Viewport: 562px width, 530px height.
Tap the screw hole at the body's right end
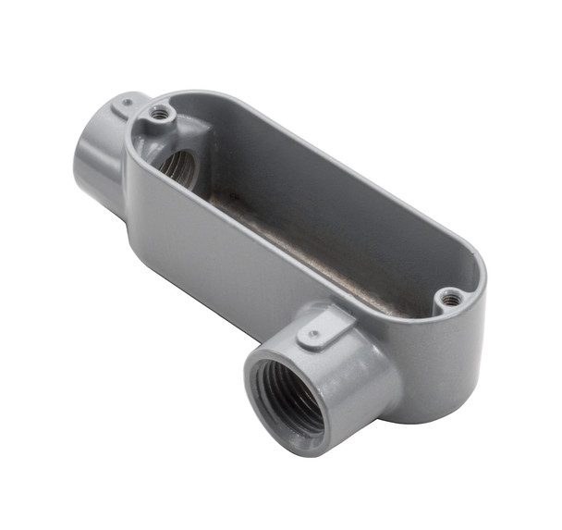pos(450,297)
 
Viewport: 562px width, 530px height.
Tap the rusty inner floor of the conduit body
pos(305,250)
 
